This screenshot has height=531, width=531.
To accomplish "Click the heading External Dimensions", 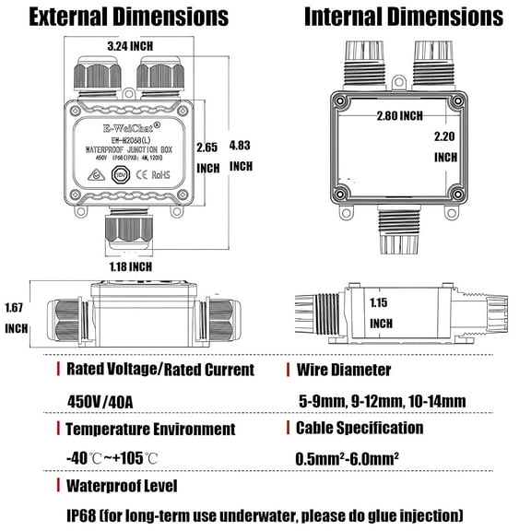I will click(x=128, y=17).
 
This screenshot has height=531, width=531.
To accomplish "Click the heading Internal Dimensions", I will click(x=404, y=17).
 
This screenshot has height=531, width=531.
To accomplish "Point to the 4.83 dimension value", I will click(x=241, y=145).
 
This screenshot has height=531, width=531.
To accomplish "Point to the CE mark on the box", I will click(x=158, y=172).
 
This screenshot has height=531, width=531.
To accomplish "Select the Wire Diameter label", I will click(x=343, y=370).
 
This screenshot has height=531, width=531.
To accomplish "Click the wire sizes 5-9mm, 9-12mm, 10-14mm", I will click(x=382, y=400).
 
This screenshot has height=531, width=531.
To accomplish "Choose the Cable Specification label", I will click(x=360, y=428).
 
